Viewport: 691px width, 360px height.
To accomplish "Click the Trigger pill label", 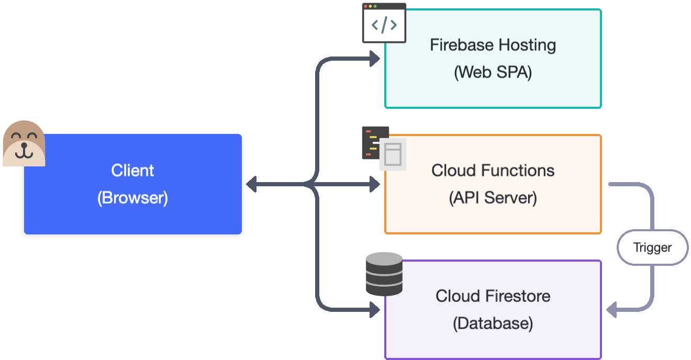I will [x=652, y=248].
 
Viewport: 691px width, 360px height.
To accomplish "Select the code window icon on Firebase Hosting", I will [x=384, y=23].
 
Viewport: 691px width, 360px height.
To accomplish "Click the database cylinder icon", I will [x=384, y=274].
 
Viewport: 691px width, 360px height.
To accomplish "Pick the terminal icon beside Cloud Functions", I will [x=375, y=142].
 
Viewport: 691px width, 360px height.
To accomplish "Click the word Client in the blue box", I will [x=132, y=171].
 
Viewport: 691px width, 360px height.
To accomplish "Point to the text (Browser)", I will [x=132, y=198].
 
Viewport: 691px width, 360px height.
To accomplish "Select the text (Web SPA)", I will [x=493, y=72].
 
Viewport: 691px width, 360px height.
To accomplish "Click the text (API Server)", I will [x=493, y=198].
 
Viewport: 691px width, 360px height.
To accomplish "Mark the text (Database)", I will [x=493, y=323].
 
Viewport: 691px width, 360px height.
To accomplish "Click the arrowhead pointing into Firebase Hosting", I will [x=375, y=59].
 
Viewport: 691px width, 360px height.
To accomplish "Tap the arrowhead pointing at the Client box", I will [x=251, y=184].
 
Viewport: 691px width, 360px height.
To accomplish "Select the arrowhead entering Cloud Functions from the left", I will [x=375, y=184].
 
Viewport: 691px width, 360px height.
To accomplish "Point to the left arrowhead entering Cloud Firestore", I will [x=375, y=310].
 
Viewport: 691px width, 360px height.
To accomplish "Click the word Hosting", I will [x=526, y=45].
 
